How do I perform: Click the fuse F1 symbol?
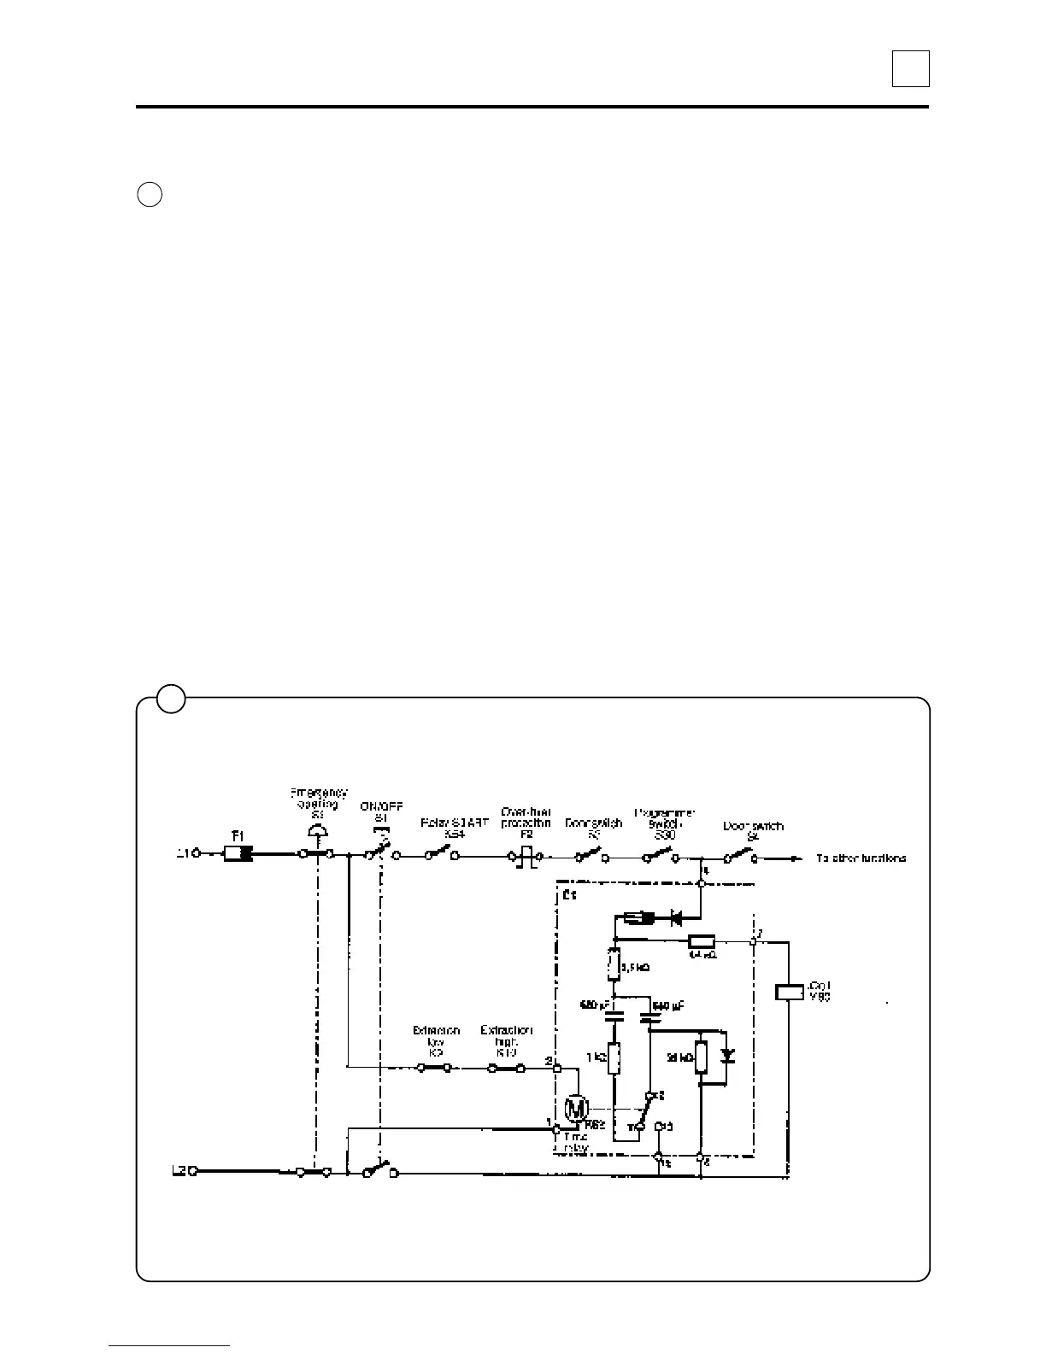pyautogui.click(x=238, y=853)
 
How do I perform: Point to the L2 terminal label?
pyautogui.click(x=179, y=1170)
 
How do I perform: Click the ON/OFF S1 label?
pyautogui.click(x=381, y=812)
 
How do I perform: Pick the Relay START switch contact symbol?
pyautogui.click(x=442, y=852)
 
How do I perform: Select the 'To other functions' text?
pyautogui.click(x=861, y=858)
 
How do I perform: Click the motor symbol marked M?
pyautogui.click(x=576, y=1109)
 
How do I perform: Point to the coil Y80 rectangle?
pyautogui.click(x=788, y=992)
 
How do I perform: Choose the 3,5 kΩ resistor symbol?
pyautogui.click(x=613, y=964)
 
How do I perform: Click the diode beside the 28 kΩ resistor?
pyautogui.click(x=727, y=1056)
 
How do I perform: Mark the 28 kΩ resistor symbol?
pyautogui.click(x=701, y=1057)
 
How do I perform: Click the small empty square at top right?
pyautogui.click(x=910, y=68)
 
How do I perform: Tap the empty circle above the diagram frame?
pyautogui.click(x=150, y=194)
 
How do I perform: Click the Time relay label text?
pyautogui.click(x=577, y=1142)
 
